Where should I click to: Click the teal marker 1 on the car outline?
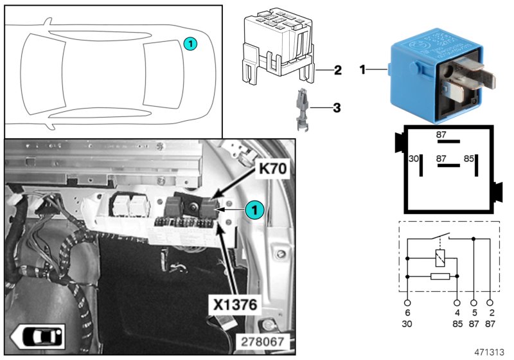[x=190, y=43]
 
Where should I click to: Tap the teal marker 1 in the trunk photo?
[x=254, y=209]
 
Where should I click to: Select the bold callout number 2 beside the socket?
[x=337, y=69]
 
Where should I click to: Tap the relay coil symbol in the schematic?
[x=440, y=258]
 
